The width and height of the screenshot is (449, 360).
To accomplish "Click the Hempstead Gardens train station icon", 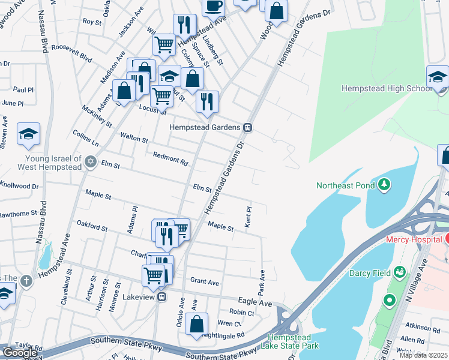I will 247,127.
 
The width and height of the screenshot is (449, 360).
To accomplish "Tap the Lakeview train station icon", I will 161,297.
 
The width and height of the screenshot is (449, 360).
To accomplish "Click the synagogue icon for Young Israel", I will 91,160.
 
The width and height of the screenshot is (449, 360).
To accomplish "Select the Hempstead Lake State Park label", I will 294,341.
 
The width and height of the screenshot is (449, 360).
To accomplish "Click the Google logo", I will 20,352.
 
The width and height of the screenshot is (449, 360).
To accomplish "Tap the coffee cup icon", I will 212,5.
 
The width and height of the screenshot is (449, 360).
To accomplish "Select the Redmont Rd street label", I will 170,159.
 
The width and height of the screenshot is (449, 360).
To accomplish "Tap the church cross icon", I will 26,280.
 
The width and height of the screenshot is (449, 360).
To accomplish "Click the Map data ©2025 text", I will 423,355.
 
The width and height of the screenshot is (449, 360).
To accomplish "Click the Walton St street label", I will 134,137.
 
